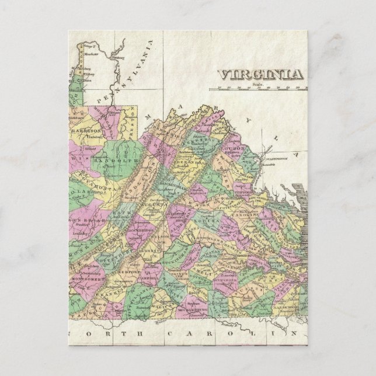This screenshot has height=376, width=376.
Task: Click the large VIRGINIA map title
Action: [x=260, y=75]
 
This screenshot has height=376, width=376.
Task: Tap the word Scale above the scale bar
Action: [x=259, y=85]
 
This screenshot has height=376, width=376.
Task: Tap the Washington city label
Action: [x=276, y=158]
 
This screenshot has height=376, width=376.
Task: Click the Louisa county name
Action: [x=215, y=223]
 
